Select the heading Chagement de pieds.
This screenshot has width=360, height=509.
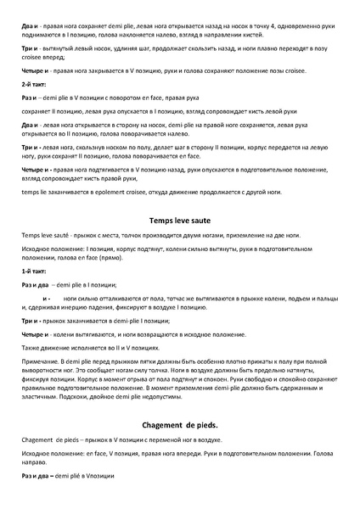click(179, 423)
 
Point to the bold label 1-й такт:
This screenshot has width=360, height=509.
click(34, 268)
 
